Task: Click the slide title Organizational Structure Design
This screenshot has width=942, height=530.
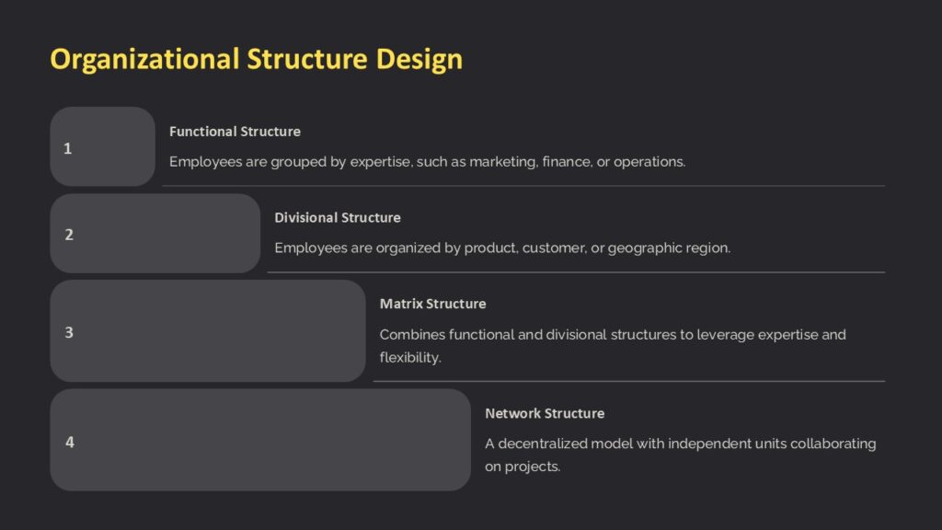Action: coord(256,60)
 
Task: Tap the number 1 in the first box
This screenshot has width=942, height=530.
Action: coord(67,148)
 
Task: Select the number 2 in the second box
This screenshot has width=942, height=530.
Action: coord(69,235)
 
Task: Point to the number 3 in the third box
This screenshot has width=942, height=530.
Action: coord(69,332)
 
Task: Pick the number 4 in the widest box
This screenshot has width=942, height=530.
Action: coord(69,442)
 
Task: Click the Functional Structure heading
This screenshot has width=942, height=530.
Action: coord(235,132)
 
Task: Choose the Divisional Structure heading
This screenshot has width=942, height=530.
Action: coord(338,218)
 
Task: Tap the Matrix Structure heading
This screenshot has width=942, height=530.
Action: coord(432,304)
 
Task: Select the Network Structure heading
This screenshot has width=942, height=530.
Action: coord(545,413)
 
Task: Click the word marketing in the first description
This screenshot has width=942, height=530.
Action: coord(503,162)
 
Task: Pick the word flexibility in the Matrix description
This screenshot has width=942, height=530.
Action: coord(410,357)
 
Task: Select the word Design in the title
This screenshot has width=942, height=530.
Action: coord(419,60)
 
